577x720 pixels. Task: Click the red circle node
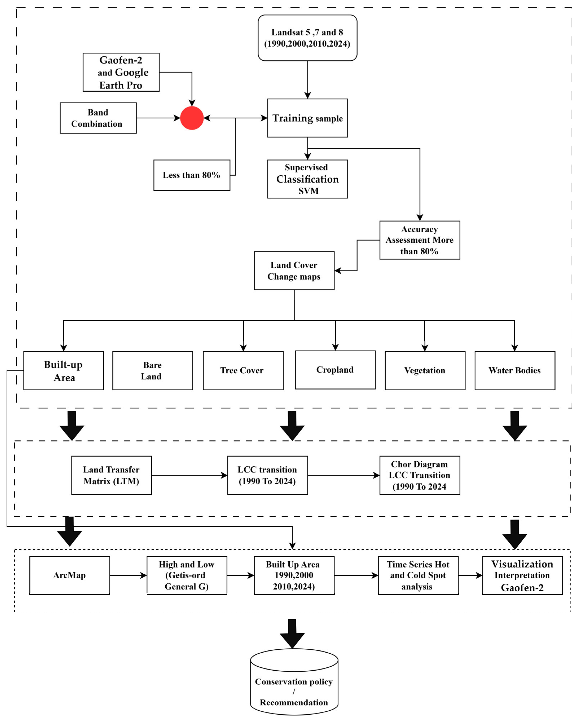192,118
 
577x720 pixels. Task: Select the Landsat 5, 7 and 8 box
307,38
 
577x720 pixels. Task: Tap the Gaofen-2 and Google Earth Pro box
121,72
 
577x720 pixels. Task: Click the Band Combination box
98,118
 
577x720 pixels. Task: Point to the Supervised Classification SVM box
307,179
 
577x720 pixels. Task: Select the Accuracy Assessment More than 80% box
420,240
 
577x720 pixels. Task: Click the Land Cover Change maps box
294,271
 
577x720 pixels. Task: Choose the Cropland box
335,370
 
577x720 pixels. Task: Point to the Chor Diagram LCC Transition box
420,475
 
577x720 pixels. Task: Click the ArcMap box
69,575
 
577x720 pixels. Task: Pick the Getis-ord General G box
187,575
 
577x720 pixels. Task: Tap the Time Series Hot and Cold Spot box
418,575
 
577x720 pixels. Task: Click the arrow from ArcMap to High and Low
128,575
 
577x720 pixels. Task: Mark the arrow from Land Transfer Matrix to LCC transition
189,475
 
